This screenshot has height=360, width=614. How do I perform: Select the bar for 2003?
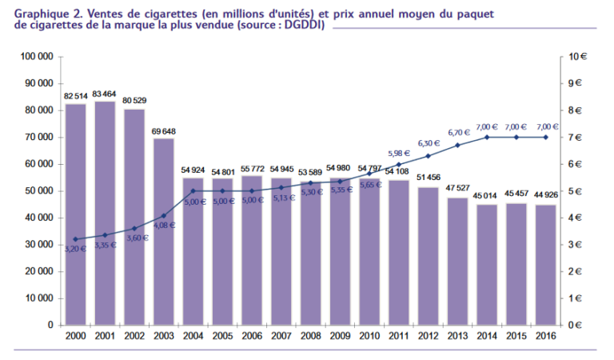coord(163,231)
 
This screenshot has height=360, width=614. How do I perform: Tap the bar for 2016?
coord(545,265)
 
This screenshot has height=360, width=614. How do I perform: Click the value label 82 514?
coord(75,96)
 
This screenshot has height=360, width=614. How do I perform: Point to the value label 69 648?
coord(163,131)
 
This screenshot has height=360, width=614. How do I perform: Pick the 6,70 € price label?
coord(458,133)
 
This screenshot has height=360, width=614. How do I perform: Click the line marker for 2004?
coord(193,191)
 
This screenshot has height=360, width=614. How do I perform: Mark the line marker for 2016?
coord(545,138)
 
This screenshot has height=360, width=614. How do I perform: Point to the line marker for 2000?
coord(75,239)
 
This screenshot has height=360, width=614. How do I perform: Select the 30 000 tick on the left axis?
coord(39,245)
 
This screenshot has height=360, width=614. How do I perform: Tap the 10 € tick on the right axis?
coord(577,57)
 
